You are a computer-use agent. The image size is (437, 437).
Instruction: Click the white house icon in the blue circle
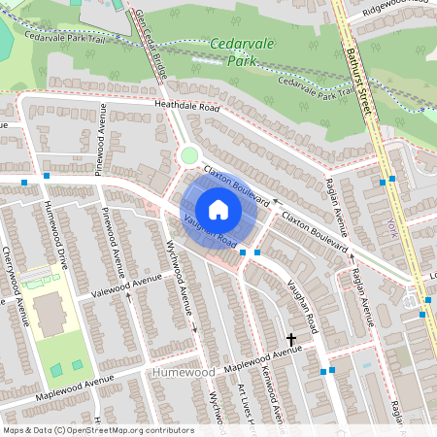tap(218, 209)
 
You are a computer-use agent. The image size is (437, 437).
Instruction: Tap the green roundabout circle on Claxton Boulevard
tap(189, 155)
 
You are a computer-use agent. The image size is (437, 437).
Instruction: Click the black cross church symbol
tap(290, 339)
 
